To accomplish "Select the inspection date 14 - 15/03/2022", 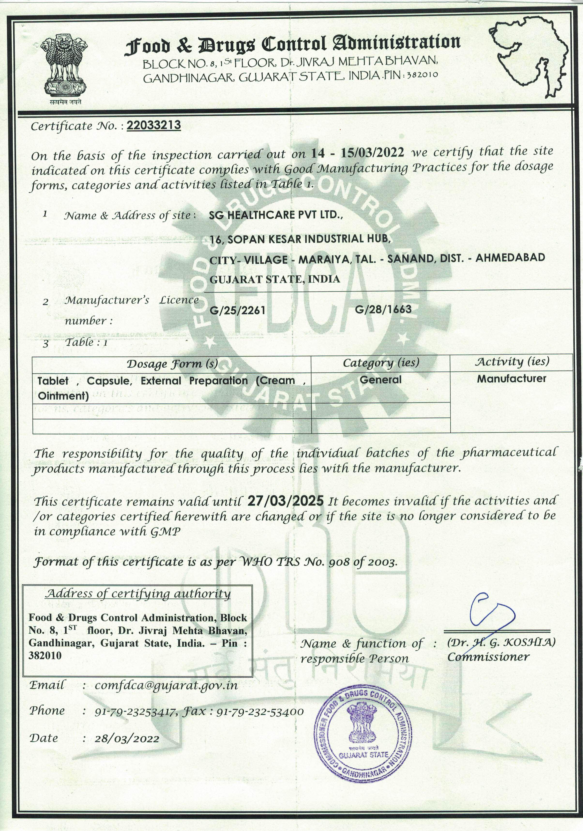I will tap(357, 153).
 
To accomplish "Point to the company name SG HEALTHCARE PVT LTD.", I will tap(276, 215).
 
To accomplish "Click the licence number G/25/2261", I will tap(238, 310).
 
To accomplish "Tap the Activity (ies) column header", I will tap(512, 362).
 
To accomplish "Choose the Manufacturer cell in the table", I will tap(511, 378).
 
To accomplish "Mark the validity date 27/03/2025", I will tap(286, 501).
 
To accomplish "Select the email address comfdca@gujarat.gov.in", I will tap(166, 685).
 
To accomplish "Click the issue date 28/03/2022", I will tap(127, 738).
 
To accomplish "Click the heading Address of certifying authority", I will tap(138, 594).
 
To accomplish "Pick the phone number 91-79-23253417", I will tap(136, 712).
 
